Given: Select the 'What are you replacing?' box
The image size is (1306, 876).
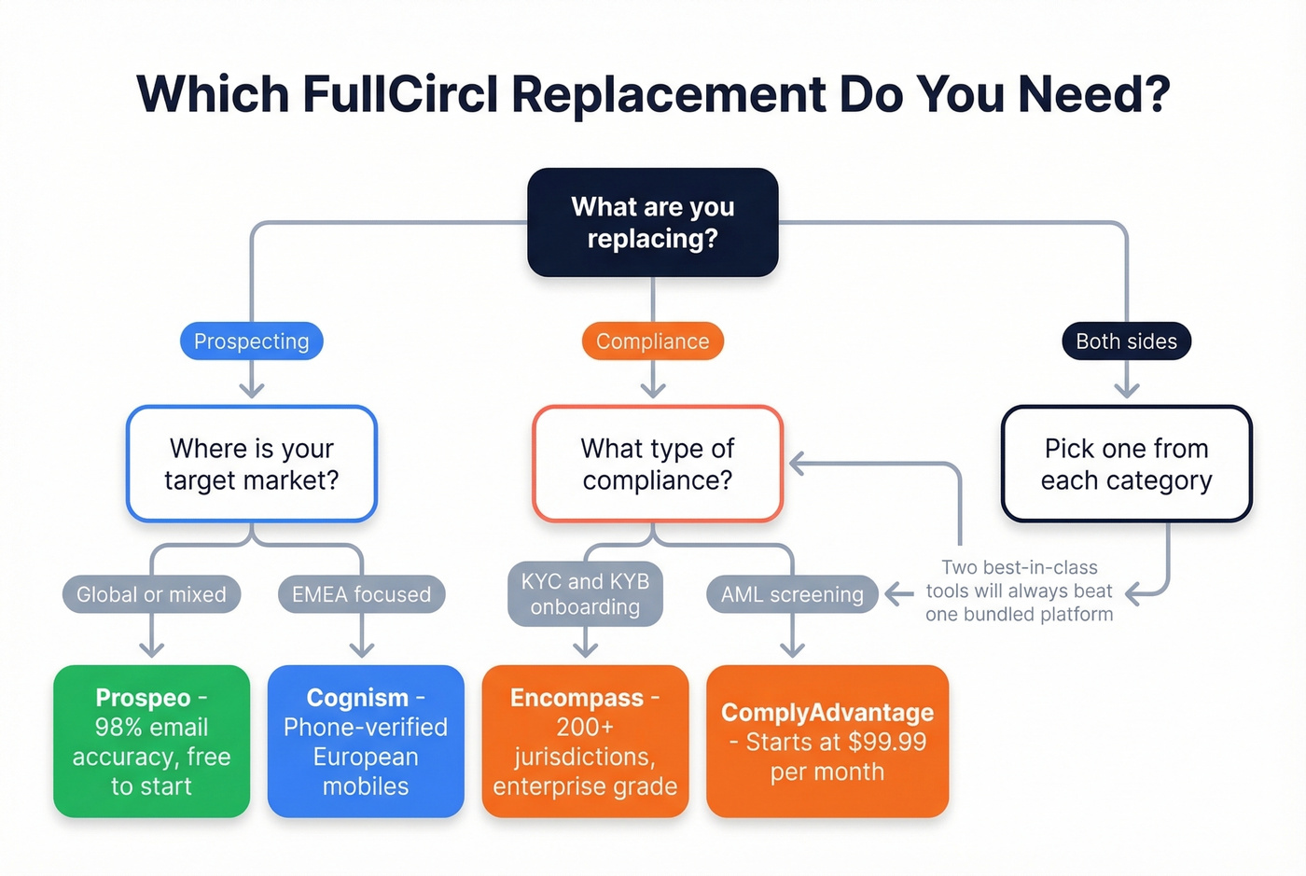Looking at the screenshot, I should [653, 222].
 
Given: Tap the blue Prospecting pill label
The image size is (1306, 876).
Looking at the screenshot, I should [251, 341].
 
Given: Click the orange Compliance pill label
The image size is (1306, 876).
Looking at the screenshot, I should [652, 341].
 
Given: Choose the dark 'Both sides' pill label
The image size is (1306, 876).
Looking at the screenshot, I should [1126, 341].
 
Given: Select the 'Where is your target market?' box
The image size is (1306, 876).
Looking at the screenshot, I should [252, 464].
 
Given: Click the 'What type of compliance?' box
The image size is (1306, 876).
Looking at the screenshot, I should [657, 464].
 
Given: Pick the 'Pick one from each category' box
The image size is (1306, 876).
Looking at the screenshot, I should [1126, 464].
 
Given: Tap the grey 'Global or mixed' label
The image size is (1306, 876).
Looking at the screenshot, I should [151, 594].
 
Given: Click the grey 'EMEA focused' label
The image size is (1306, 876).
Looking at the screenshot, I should [361, 594].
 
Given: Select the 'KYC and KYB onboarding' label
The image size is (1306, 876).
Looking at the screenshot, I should [585, 593].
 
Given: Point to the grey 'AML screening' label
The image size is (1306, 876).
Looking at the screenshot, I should [792, 594].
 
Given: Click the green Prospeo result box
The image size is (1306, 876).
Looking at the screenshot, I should [151, 742].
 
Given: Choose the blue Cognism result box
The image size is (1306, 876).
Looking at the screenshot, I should [366, 742].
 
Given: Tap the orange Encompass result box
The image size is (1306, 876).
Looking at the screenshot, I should [585, 742].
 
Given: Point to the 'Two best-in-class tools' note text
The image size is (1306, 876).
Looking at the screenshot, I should [1019, 591].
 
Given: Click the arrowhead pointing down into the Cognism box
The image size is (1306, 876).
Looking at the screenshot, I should [362, 650].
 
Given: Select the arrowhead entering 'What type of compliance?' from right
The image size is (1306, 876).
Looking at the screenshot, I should [797, 464].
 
